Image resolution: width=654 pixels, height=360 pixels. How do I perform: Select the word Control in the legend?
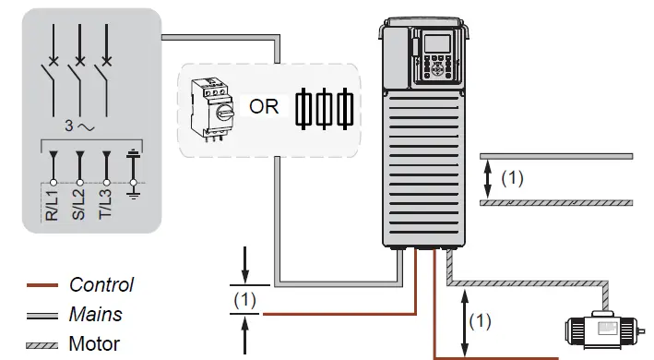point(101,285)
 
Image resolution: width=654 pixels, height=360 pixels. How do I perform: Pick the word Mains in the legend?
point(96,314)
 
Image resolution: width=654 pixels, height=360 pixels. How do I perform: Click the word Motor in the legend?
point(95,344)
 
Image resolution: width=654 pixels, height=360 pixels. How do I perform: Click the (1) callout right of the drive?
point(512,178)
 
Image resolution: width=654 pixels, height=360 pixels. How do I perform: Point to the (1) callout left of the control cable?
point(244,300)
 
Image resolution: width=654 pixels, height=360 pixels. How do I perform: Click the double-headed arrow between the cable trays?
point(489,178)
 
